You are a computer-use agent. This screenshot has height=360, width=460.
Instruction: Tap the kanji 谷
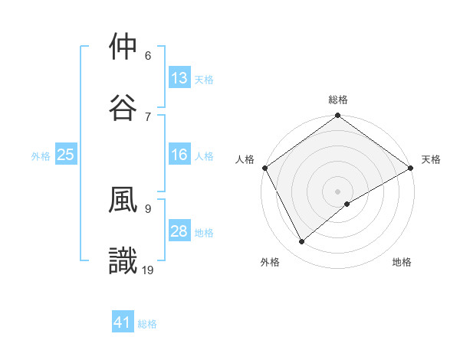[x=123, y=106]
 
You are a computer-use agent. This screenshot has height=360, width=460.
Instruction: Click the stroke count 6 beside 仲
[x=148, y=56]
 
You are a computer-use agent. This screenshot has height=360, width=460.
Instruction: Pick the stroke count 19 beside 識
[x=149, y=270]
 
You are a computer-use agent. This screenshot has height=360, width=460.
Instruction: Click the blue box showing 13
[x=179, y=78]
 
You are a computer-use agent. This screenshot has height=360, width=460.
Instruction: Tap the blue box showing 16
[x=179, y=155]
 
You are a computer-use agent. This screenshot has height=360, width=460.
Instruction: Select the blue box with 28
[x=179, y=231]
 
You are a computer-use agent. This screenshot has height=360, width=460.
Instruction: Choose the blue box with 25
[x=66, y=155]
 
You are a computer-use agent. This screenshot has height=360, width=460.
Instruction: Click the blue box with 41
[x=123, y=323]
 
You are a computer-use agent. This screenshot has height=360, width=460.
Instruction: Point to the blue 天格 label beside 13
[x=204, y=80]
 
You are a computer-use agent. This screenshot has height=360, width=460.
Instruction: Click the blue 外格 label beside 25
[x=41, y=156]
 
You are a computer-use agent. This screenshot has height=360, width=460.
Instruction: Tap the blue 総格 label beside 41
[x=147, y=325]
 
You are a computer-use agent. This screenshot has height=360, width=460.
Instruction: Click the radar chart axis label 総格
[x=338, y=100]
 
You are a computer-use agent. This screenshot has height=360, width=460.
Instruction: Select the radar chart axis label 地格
[x=402, y=263]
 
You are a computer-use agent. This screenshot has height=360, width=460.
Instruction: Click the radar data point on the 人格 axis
[x=265, y=168]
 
